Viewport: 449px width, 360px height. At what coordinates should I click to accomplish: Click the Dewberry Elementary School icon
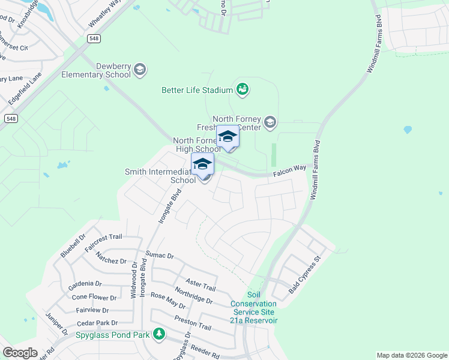tap(140, 70)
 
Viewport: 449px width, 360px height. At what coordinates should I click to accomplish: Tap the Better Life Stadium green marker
tap(243, 90)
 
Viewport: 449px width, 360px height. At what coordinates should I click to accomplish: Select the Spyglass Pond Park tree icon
tap(159, 334)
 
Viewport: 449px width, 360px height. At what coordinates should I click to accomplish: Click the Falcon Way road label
tap(291, 171)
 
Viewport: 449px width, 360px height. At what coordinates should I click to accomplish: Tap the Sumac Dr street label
tap(160, 256)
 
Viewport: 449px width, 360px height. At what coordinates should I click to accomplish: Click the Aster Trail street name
tap(200, 285)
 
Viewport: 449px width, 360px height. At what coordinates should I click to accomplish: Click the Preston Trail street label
tap(193, 323)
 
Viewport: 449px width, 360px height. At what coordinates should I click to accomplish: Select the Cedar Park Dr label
tap(93, 323)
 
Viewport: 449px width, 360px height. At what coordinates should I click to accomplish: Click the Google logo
tap(20, 353)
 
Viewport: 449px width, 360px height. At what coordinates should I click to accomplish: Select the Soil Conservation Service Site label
tap(254, 307)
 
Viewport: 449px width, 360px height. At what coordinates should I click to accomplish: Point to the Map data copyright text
tap(411, 355)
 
